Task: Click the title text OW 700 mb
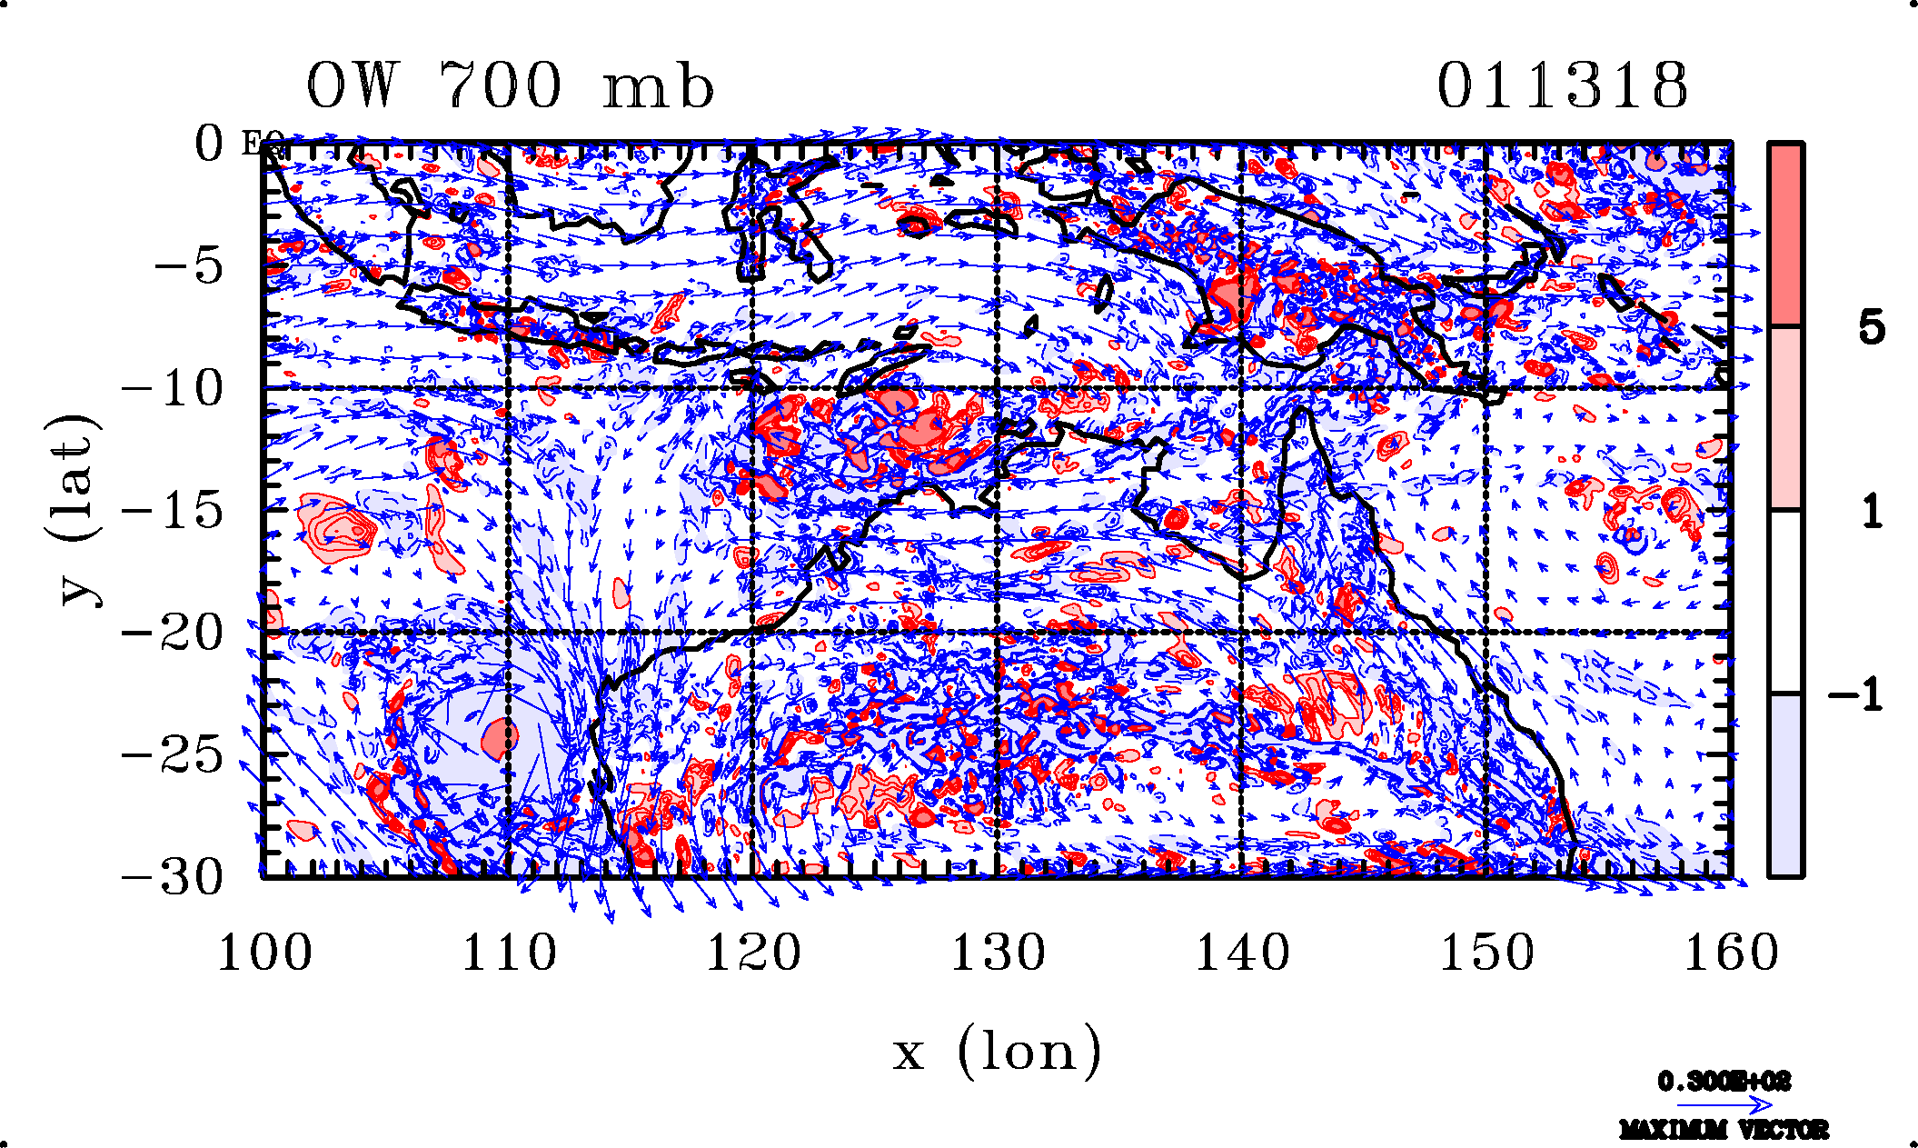510,87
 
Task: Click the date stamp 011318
1562,87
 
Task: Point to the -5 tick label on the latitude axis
188,266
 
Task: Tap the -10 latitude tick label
173,389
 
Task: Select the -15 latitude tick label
173,511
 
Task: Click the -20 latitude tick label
173,634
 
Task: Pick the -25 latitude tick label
173,755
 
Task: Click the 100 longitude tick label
264,953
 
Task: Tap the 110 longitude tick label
509,953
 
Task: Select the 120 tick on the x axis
753,953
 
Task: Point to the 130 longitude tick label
998,953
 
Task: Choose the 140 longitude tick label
1242,953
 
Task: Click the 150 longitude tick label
1486,953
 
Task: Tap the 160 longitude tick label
1731,953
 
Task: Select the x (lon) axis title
997,1053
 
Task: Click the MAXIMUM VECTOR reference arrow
1724,1105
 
